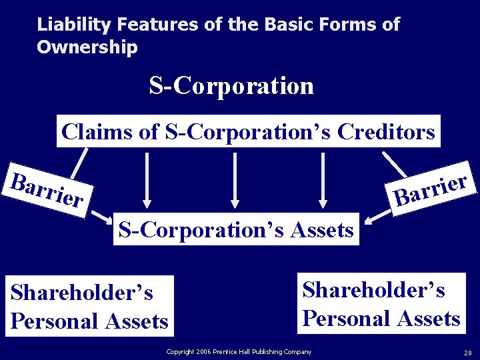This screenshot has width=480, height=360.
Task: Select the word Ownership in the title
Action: pyautogui.click(x=87, y=47)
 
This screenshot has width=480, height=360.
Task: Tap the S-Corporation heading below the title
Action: pyautogui.click(x=231, y=85)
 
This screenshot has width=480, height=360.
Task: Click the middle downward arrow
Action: pyautogui.click(x=235, y=179)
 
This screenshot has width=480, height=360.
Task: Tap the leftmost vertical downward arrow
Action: pyautogui.click(x=147, y=179)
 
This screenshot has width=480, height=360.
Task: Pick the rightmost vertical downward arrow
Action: pyautogui.click(x=323, y=179)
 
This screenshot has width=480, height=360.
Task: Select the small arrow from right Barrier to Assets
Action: pyautogui.click(x=377, y=215)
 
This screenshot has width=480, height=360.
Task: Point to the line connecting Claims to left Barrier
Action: pyautogui.click(x=79, y=162)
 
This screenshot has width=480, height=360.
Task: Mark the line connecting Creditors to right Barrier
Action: pyautogui.click(x=395, y=163)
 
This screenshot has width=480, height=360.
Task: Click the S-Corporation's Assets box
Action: pyautogui.click(x=236, y=229)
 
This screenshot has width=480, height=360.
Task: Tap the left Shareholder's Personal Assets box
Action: pyautogui.click(x=89, y=306)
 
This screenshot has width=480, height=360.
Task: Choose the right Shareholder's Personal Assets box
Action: pyautogui.click(x=381, y=303)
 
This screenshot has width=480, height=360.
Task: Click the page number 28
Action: pyautogui.click(x=467, y=352)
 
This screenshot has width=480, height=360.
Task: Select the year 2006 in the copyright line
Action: pyautogui.click(x=202, y=352)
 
